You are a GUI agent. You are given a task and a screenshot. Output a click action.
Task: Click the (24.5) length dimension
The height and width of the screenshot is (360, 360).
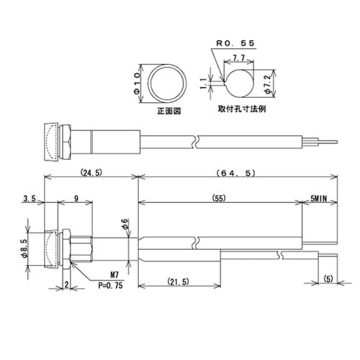coord(91,173)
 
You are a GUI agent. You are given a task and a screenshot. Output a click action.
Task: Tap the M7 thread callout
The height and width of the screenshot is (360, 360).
coord(115,274)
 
